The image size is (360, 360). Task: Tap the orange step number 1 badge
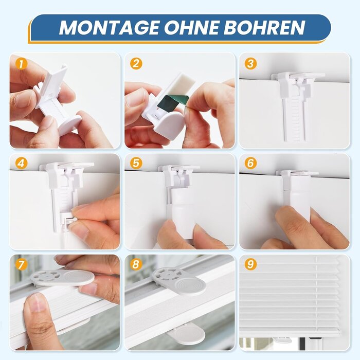tap(20, 64)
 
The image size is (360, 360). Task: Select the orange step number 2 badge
tap(136, 64)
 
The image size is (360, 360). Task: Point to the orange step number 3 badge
tap(250, 64)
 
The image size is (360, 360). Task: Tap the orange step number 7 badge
tap(20, 265)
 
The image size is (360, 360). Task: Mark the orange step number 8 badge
tap(136, 265)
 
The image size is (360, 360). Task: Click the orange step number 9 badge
tap(250, 265)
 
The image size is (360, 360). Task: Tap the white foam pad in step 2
tap(179, 83)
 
